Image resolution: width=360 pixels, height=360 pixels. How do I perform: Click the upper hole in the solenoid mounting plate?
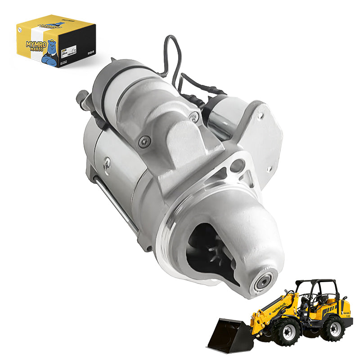pos(259,116)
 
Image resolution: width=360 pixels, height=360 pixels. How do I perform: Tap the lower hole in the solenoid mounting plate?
pos(269,170)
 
